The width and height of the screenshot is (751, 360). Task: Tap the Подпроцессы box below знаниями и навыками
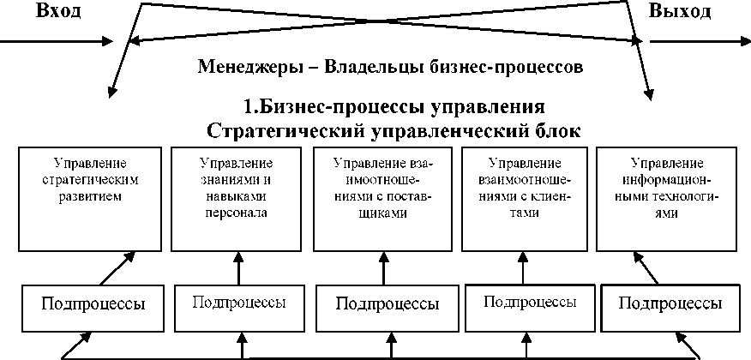pyautogui.click(x=238, y=303)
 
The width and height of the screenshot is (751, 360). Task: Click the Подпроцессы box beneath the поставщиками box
pyautogui.click(x=388, y=303)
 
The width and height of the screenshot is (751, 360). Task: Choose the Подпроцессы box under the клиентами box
pyautogui.click(x=529, y=302)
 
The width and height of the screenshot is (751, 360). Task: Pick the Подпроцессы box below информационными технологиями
pyautogui.click(x=670, y=303)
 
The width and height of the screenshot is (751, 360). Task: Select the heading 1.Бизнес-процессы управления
pyautogui.click(x=394, y=108)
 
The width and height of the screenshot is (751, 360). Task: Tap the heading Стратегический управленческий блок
pyautogui.click(x=394, y=131)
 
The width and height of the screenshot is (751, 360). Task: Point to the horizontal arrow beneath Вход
pyautogui.click(x=56, y=39)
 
